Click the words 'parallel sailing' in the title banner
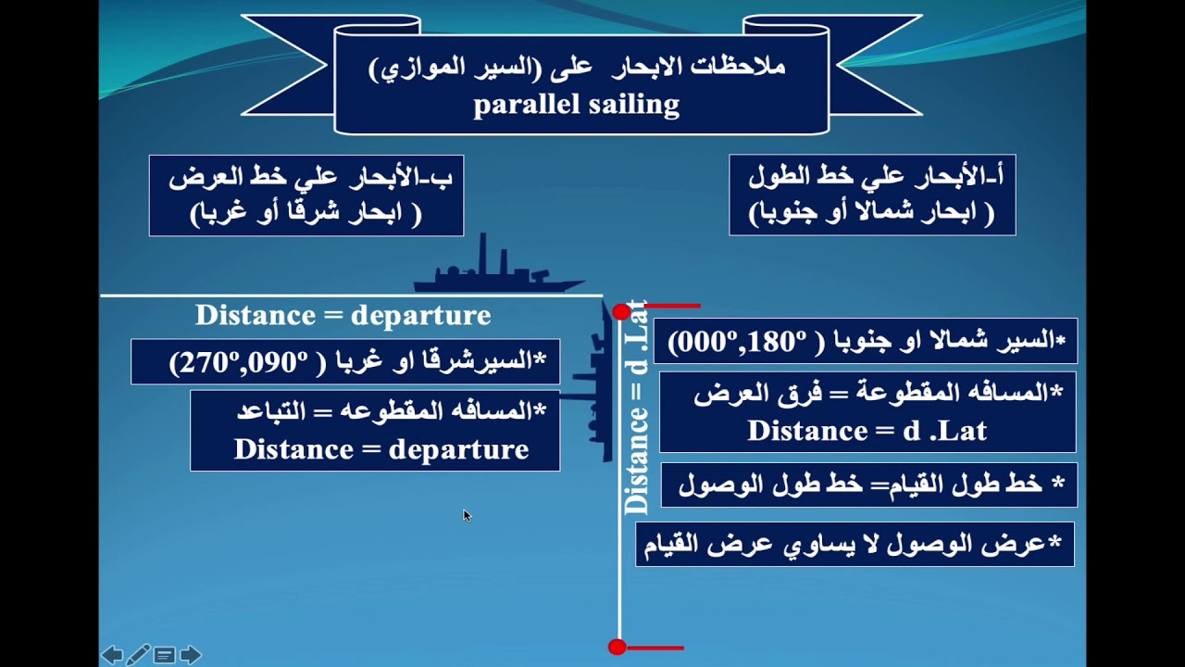[x=576, y=104]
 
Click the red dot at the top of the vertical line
[x=621, y=312]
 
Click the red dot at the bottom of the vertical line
[x=617, y=648]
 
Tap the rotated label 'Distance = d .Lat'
[x=636, y=408]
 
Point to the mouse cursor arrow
[x=466, y=514]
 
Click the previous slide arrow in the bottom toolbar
[x=112, y=656]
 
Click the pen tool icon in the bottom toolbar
[x=138, y=656]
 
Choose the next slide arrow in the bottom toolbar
[x=191, y=656]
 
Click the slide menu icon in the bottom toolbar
[x=164, y=656]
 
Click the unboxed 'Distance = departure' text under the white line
[x=343, y=315]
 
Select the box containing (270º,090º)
[x=345, y=361]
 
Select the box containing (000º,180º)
[x=865, y=341]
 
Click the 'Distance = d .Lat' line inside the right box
[x=867, y=431]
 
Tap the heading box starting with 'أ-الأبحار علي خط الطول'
[x=872, y=195]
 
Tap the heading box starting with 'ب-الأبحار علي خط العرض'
[x=306, y=195]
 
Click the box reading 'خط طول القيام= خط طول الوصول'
[x=869, y=485]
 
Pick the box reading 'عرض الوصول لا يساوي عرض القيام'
[x=854, y=544]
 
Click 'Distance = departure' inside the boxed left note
[x=380, y=449]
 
